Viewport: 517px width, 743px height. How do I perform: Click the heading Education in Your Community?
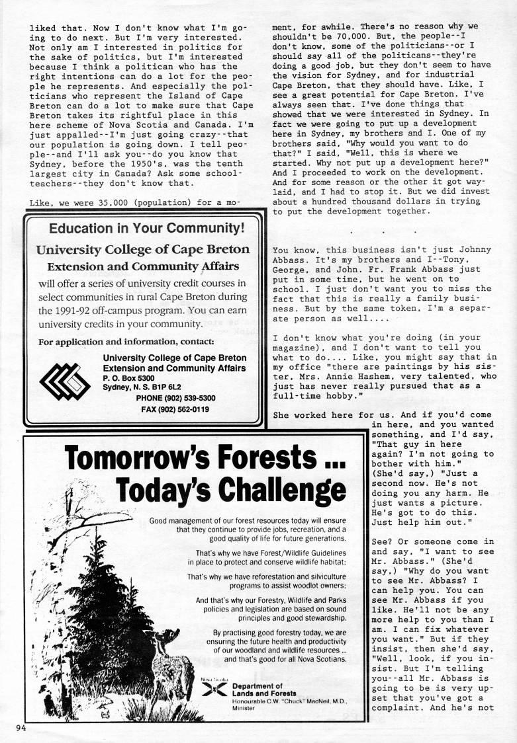[x=142, y=229]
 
